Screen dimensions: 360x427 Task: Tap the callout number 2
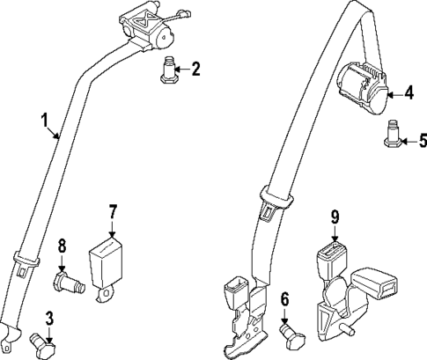[195, 67]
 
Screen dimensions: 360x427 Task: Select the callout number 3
[51, 319]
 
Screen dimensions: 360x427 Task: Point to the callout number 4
[408, 91]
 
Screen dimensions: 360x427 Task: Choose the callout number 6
[284, 300]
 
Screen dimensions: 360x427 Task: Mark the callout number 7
[113, 211]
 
